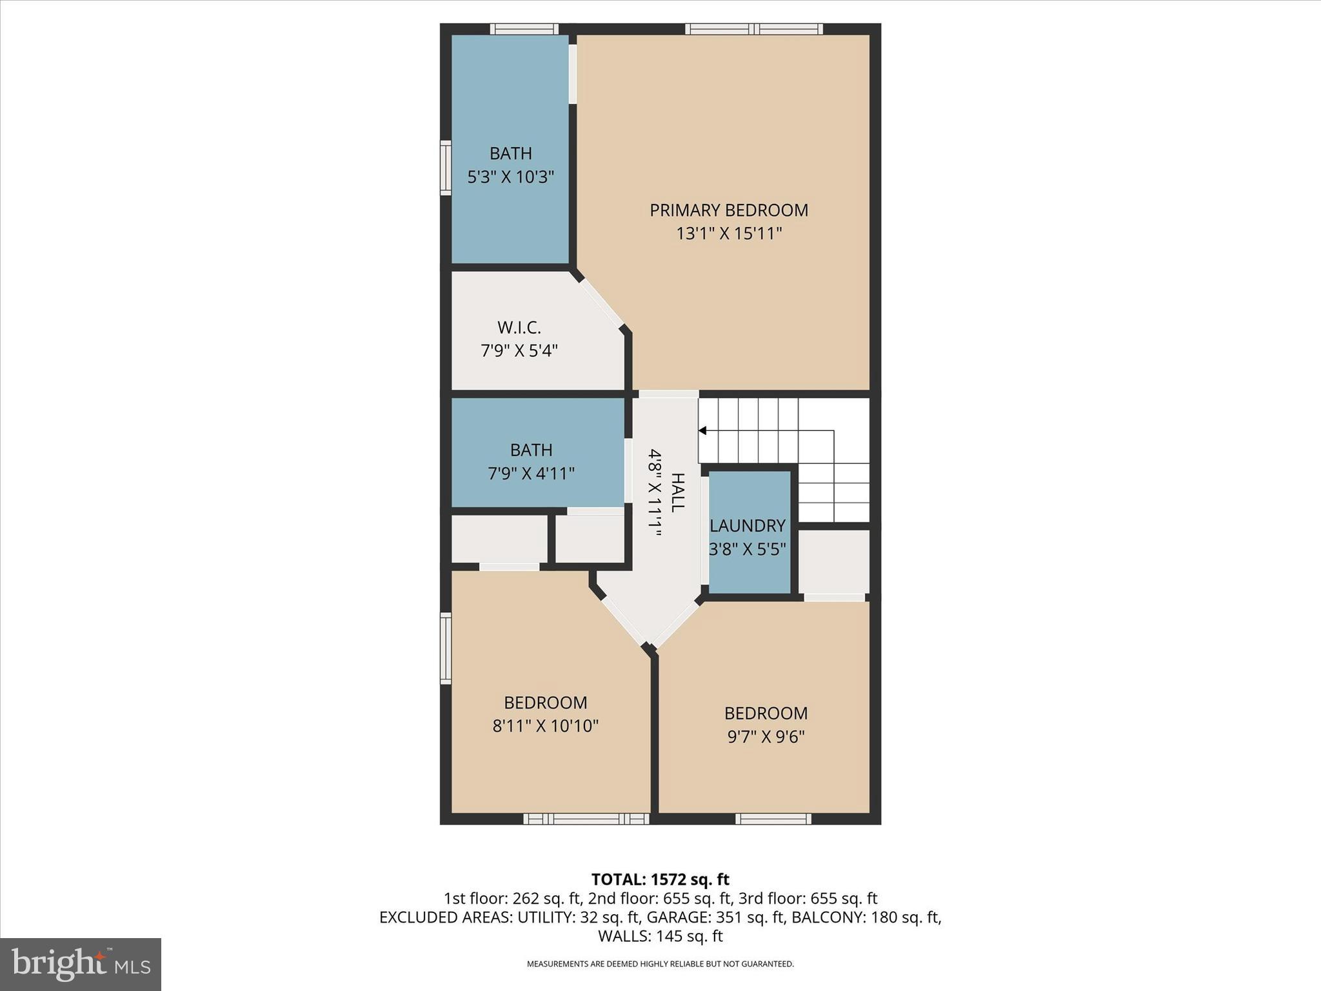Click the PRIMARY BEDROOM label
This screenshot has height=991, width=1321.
pyautogui.click(x=728, y=210)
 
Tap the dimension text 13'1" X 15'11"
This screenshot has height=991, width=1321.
pyautogui.click(x=728, y=234)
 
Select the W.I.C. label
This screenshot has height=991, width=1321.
pyautogui.click(x=519, y=328)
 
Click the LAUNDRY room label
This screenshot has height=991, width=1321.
pyautogui.click(x=748, y=526)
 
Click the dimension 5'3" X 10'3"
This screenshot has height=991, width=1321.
pyautogui.click(x=510, y=177)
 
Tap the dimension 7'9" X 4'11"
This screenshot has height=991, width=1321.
pyautogui.click(x=531, y=474)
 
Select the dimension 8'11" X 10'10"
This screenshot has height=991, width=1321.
pyautogui.click(x=545, y=726)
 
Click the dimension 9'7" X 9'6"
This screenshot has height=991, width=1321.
pyautogui.click(x=766, y=737)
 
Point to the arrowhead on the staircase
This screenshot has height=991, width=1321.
pyautogui.click(x=703, y=430)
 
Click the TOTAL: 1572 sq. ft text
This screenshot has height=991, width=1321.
pyautogui.click(x=660, y=879)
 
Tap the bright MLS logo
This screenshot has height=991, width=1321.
pyautogui.click(x=81, y=965)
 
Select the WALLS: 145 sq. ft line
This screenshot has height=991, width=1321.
pyautogui.click(x=660, y=936)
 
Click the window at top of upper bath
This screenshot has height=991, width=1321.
pyautogui.click(x=524, y=28)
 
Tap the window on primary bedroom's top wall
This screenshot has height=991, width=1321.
pyautogui.click(x=753, y=28)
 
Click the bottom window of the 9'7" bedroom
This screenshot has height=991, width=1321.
pyautogui.click(x=773, y=819)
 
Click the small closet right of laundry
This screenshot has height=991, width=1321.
pyautogui.click(x=834, y=561)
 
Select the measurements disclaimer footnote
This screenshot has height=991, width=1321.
pyautogui.click(x=660, y=964)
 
